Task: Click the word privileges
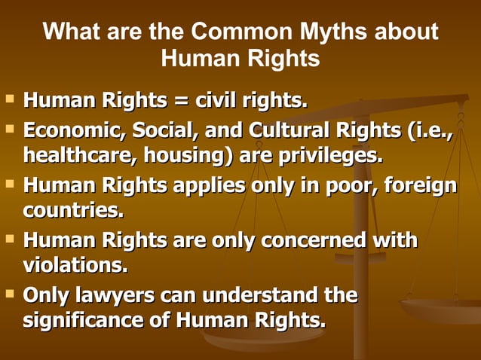click(x=335, y=157)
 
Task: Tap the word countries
click(x=73, y=209)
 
